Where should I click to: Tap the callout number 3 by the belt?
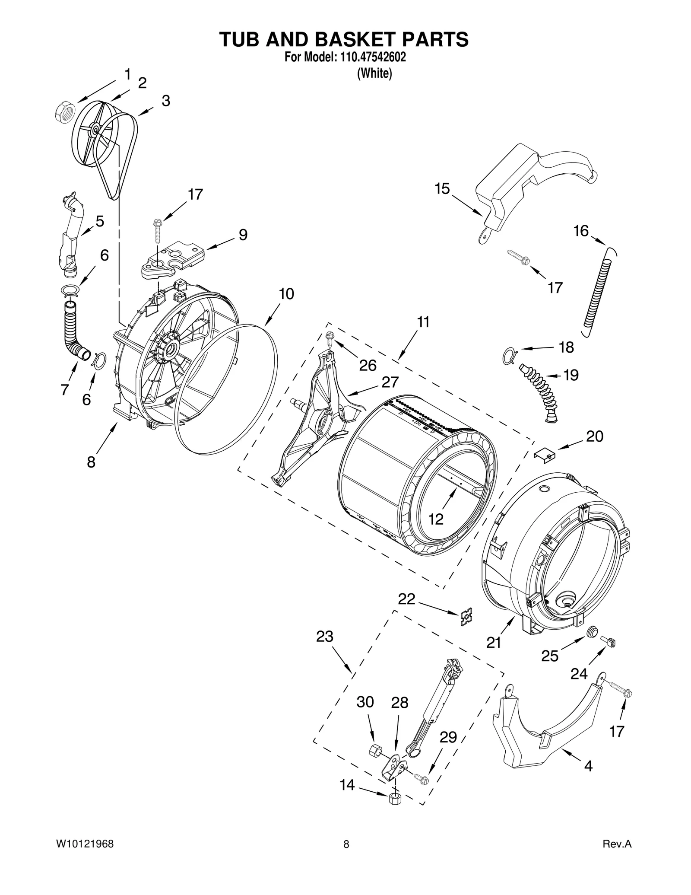[x=166, y=101]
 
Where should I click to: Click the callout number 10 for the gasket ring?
[x=286, y=294]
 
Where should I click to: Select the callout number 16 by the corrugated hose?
[x=581, y=231]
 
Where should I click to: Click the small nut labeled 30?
[x=374, y=749]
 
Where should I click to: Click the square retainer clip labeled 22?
[x=466, y=617]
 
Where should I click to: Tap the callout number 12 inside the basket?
[x=436, y=519]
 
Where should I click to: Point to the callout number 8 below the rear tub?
[x=91, y=462]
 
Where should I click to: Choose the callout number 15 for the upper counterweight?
[x=442, y=189]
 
